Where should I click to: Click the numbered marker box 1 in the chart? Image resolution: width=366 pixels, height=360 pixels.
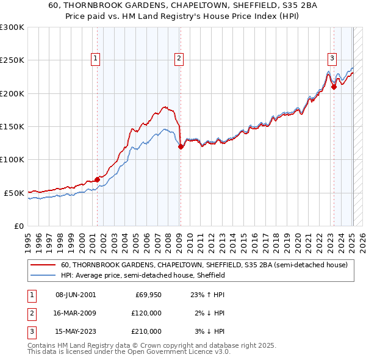(96, 59)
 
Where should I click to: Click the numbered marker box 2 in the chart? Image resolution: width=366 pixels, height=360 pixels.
(179, 59)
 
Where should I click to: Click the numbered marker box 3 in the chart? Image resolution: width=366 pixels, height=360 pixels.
(332, 59)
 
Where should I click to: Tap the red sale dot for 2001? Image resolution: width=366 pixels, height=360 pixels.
(97, 179)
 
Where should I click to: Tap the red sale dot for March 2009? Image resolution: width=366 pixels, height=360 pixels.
(181, 146)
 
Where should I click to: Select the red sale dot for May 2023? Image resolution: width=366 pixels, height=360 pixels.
(334, 87)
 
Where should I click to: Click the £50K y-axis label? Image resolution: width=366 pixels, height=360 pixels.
(14, 193)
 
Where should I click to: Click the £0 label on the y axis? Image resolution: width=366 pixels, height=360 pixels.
(18, 226)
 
